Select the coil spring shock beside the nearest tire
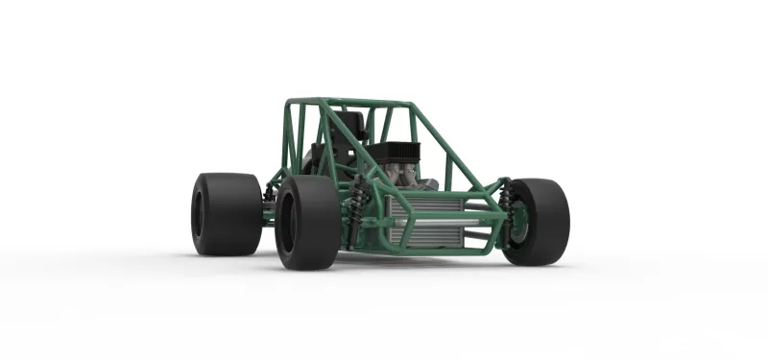coord(358,209)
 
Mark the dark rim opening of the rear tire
coord(199,213)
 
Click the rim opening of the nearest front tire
coord(287,223)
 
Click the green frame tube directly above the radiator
coord(432,194)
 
